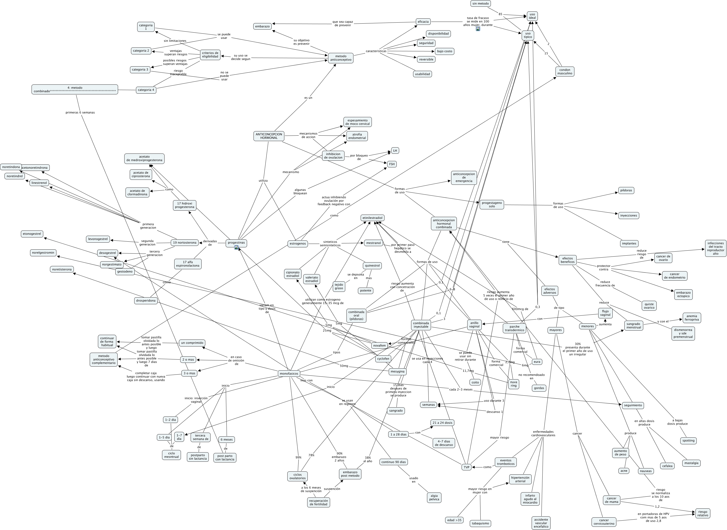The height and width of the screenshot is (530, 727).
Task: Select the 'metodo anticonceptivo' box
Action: pyautogui.click(x=341, y=58)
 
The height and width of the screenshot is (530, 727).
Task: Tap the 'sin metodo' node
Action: pyautogui.click(x=480, y=3)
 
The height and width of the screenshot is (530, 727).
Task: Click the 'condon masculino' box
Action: pyautogui.click(x=565, y=72)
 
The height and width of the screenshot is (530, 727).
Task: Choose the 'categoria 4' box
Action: pyautogui.click(x=146, y=90)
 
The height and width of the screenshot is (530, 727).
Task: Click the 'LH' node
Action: pyautogui.click(x=395, y=151)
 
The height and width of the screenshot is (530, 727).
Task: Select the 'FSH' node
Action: pyautogui.click(x=391, y=164)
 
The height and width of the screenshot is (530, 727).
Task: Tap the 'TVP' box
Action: pyautogui.click(x=466, y=467)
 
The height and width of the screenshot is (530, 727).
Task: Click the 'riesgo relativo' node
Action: pyautogui.click(x=702, y=513)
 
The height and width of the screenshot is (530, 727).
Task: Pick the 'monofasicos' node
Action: pyautogui.click(x=289, y=374)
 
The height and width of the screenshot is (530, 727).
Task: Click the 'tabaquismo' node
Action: pyautogui.click(x=480, y=524)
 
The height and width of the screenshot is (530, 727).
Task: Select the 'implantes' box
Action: pyautogui.click(x=629, y=243)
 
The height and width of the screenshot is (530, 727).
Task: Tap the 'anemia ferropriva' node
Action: pyautogui.click(x=692, y=318)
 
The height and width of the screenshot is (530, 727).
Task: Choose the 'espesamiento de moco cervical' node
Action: pyautogui.click(x=357, y=122)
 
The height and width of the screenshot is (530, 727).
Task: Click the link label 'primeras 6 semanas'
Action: pyautogui.click(x=80, y=113)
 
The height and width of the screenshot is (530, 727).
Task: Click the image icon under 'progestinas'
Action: pyautogui.click(x=236, y=248)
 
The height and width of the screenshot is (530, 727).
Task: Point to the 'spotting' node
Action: pyautogui.click(x=688, y=441)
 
